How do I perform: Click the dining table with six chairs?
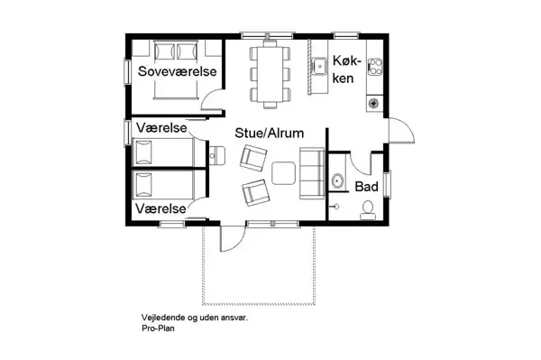tap(269, 69)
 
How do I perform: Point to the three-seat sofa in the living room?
tap(312, 172)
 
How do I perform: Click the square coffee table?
tap(284, 171)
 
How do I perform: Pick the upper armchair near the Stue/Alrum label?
tap(252, 158)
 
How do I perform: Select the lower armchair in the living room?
tap(254, 192)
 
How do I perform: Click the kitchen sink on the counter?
tap(319, 65)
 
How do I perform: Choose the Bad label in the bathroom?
tap(365, 187)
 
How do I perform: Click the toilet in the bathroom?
tap(367, 209)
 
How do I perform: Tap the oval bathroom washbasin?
tap(337, 181)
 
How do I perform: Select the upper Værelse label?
tap(160, 128)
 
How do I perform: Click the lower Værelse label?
tap(160, 208)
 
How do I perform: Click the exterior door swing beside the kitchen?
tap(402, 134)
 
